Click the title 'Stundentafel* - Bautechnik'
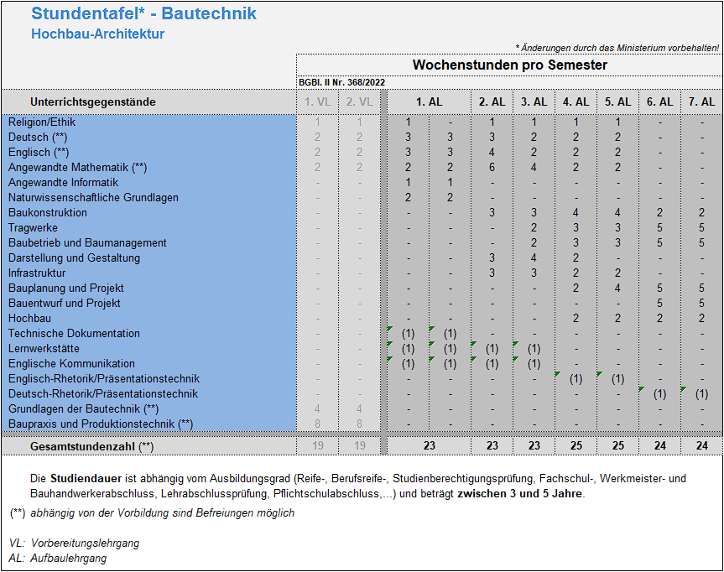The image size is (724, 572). (143, 13)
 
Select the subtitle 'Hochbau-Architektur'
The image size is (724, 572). (97, 34)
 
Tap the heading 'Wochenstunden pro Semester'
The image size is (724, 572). (509, 65)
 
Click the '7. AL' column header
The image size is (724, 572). (701, 101)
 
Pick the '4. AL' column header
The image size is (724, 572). (576, 101)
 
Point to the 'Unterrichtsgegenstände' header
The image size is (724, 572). (93, 101)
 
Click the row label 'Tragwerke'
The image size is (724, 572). (33, 227)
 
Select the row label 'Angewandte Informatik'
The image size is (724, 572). (63, 182)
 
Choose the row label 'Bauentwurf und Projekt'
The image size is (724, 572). (65, 303)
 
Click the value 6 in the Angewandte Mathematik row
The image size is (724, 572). (492, 167)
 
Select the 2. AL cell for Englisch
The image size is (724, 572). (492, 152)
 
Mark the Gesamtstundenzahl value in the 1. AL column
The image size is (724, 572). (429, 446)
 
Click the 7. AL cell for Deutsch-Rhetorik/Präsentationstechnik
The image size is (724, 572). (701, 393)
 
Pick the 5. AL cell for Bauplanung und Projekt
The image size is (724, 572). (617, 288)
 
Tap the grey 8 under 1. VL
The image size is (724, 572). (317, 424)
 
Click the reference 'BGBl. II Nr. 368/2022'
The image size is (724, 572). (341, 82)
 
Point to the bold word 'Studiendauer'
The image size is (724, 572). (85, 479)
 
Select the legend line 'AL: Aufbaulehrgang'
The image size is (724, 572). (58, 558)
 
